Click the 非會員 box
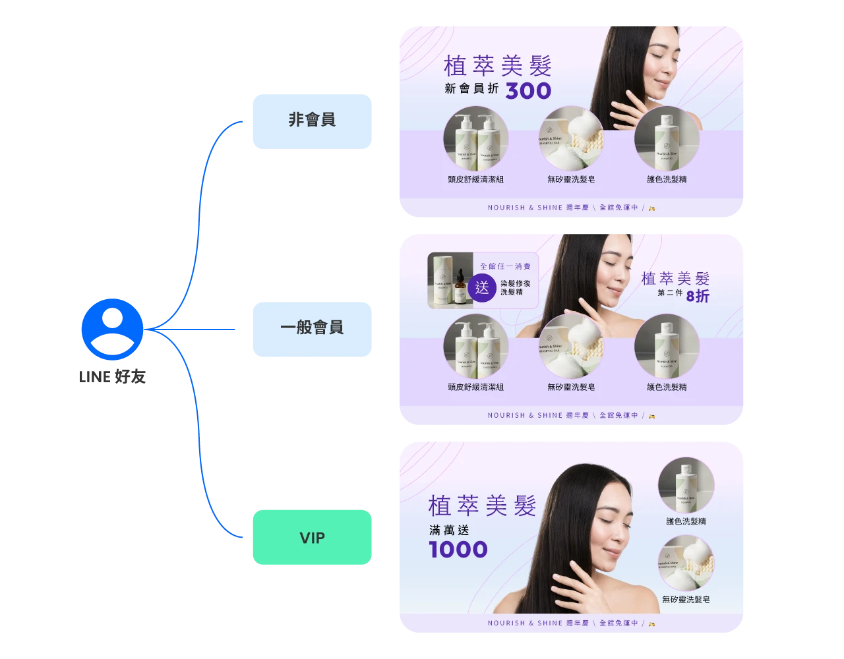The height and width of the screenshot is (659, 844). coord(311,120)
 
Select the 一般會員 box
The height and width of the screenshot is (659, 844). coord(311,328)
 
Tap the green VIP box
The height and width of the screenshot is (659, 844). coord(312,538)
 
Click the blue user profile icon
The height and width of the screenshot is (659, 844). coord(111,329)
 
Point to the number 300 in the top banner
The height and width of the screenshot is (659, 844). coord(528,91)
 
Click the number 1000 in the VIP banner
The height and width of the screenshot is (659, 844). coord(458,550)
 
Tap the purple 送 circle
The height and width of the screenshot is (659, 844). coord(482,288)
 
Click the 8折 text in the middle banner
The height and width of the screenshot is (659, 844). coord(698,297)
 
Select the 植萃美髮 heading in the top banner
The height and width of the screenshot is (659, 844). coord(498,66)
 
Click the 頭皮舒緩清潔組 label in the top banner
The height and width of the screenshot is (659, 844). coord(475,179)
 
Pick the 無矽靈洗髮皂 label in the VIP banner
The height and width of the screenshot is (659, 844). coord(686,600)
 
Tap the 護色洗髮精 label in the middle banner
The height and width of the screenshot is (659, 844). coord(667,387)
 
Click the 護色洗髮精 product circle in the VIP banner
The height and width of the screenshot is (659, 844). coord(686,485)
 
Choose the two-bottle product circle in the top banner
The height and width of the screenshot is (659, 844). coord(475,138)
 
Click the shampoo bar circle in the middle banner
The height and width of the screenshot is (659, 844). coord(571,346)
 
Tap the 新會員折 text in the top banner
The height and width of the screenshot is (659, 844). coord(471,90)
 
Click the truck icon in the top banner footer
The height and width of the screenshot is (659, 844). coord(652,208)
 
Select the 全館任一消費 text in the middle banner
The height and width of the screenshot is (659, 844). coord(505,266)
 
